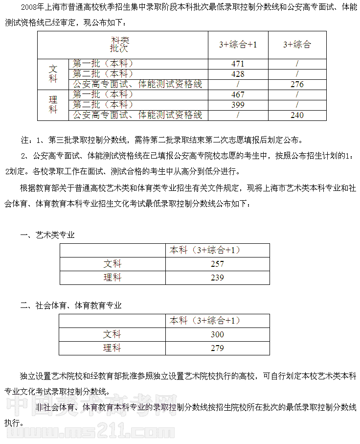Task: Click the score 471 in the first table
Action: tap(238, 64)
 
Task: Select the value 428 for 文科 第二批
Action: tap(238, 74)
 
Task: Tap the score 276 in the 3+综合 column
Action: tap(297, 84)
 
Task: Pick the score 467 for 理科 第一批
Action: tap(238, 94)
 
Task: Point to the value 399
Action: tap(238, 105)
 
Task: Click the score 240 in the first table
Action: tap(297, 115)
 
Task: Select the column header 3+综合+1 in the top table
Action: tap(238, 45)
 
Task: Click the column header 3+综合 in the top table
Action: tap(297, 45)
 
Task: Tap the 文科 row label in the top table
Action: tap(53, 74)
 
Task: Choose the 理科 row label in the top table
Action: tap(53, 105)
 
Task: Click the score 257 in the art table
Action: tap(217, 264)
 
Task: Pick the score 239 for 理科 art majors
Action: tap(217, 278)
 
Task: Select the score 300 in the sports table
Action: tap(217, 334)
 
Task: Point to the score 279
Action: tap(217, 348)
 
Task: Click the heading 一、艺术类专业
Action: tap(47, 234)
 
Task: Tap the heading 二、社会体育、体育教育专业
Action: tap(71, 305)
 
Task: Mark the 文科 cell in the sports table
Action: tap(112, 334)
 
